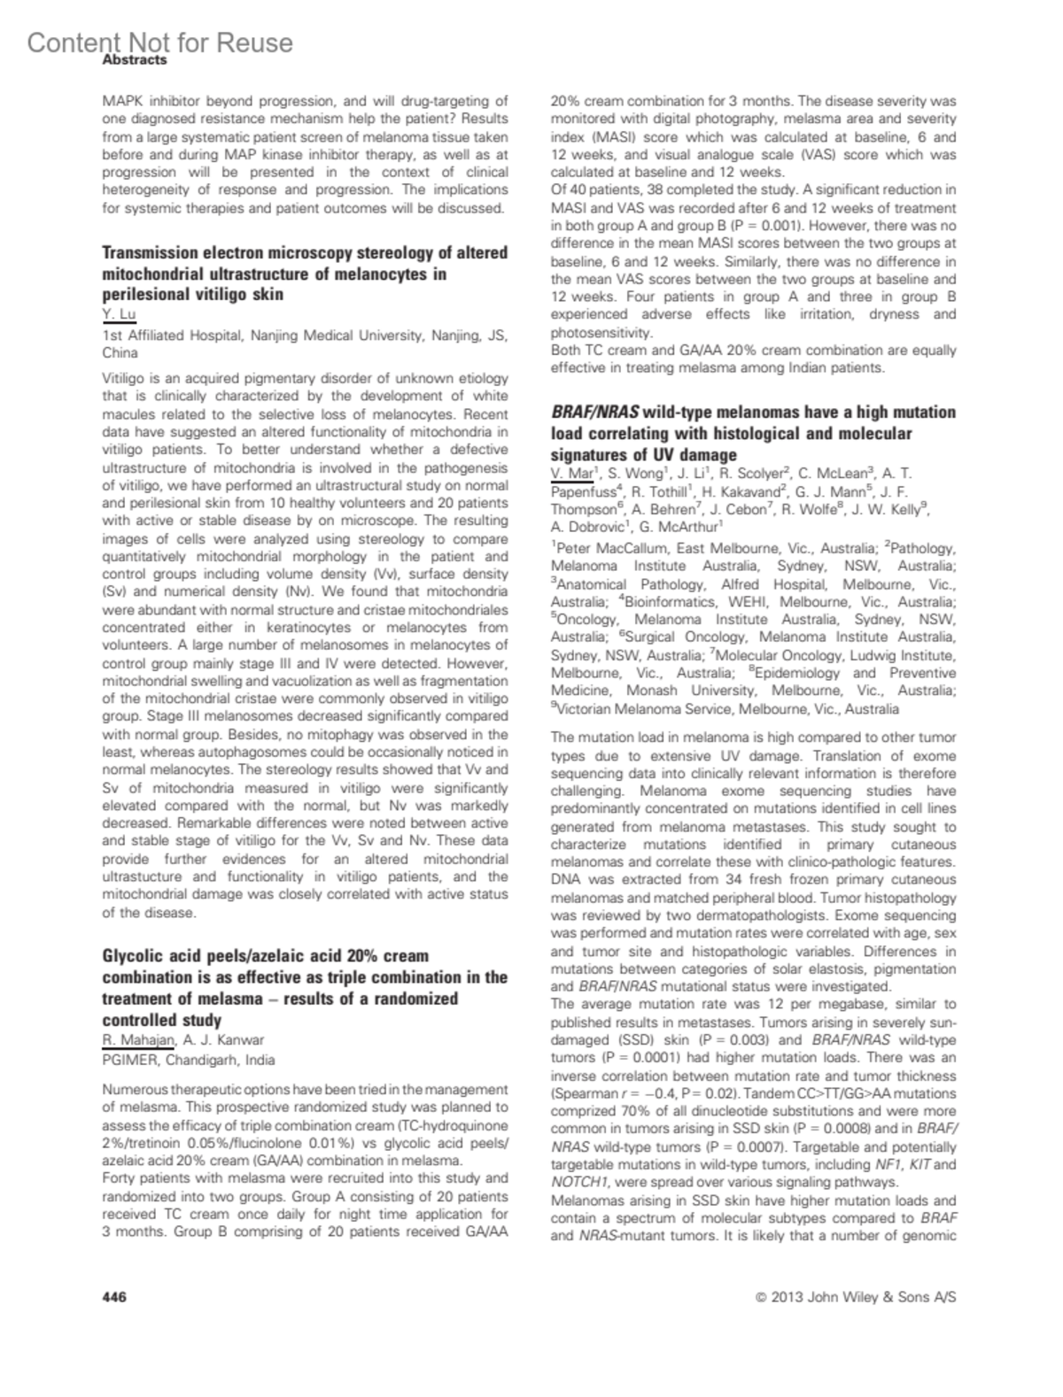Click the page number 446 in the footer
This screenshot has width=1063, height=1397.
tap(114, 1297)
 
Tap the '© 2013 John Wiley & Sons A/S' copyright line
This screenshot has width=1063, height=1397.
tap(856, 1297)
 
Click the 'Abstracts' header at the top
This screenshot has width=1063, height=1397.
tap(135, 59)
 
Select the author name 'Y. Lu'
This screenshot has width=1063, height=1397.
tap(119, 314)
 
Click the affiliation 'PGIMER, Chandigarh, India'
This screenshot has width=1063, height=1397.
tap(189, 1060)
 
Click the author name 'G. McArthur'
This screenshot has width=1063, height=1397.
tap(676, 527)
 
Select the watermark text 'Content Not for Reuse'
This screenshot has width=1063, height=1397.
tap(159, 42)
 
